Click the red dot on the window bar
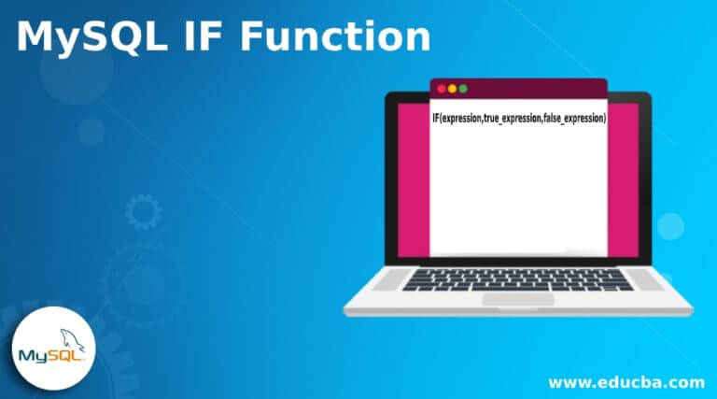pyautogui.click(x=442, y=88)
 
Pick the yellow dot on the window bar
pyautogui.click(x=453, y=88)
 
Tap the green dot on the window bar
pyautogui.click(x=464, y=88)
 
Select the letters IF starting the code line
pyautogui.click(x=436, y=118)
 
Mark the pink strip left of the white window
pyautogui.click(x=414, y=178)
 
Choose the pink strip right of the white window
pyautogui.click(x=623, y=178)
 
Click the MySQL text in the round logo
pyautogui.click(x=51, y=356)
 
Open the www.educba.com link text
pyautogui.click(x=626, y=382)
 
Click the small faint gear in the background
pyautogui.click(x=143, y=213)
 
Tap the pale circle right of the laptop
pyautogui.click(x=670, y=226)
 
